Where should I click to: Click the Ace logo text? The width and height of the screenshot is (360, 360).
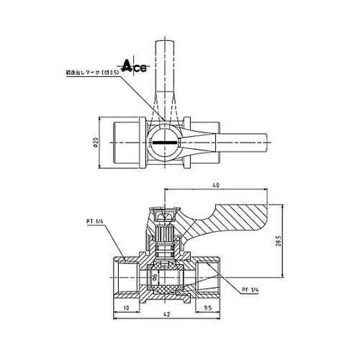135,67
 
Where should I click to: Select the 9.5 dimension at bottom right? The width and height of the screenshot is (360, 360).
207,308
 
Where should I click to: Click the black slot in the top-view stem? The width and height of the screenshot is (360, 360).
165,143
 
